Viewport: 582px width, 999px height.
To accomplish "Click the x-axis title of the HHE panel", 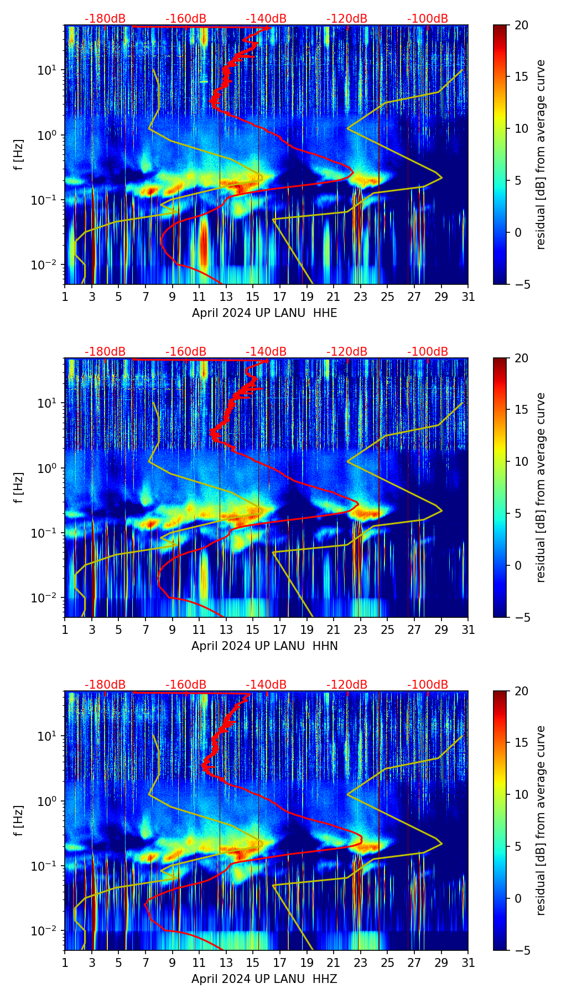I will tap(264, 313).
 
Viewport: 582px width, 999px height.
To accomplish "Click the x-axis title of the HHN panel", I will tap(264, 646).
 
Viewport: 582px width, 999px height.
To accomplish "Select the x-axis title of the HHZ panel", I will tap(264, 979).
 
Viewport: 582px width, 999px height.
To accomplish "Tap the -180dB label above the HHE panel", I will tap(105, 19).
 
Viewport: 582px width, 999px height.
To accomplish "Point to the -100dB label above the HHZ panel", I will tap(428, 685).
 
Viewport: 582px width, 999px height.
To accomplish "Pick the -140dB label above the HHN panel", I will tap(266, 352).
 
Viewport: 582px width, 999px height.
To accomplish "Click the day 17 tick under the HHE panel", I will tap(280, 297).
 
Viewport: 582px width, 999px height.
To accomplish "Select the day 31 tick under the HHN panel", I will tap(468, 630).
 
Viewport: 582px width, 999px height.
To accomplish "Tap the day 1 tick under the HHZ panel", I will tap(65, 963).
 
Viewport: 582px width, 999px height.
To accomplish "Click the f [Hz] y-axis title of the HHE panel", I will tap(19, 154).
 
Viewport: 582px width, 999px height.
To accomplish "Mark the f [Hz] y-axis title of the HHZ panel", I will tap(19, 820).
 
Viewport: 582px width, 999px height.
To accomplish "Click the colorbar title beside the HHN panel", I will tap(541, 487).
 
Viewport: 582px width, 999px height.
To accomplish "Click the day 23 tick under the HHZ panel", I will tap(361, 963).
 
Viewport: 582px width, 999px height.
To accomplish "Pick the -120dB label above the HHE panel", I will tap(347, 19).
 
